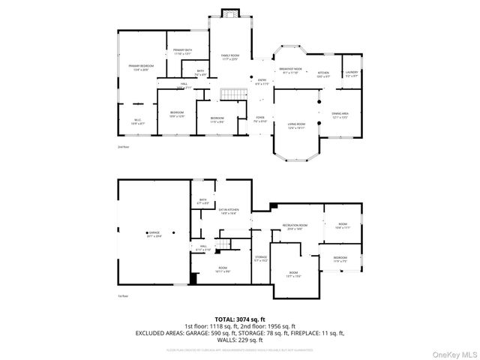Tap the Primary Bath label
click(182, 52)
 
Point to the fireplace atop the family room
click(229, 13)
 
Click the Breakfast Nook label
click(290, 70)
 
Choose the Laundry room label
click(351, 73)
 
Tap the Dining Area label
click(340, 115)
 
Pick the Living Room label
click(297, 125)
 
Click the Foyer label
click(260, 118)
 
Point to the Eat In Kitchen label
click(229, 211)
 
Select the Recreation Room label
click(295, 226)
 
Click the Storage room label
click(260, 258)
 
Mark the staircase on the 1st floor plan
click(223, 247)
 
